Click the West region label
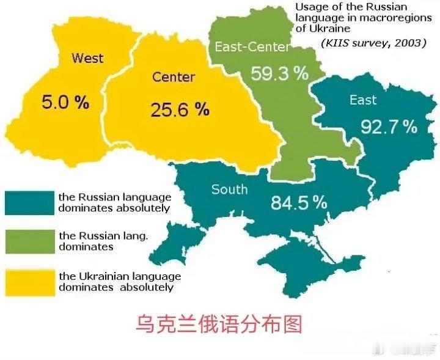pos(87,59)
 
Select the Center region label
pos(174,77)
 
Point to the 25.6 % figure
pos(180,109)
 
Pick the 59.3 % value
pos(280,74)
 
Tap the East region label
pos(363,100)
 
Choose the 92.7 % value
pos(389,127)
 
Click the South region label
pos(229,189)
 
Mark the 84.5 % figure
pos(299,202)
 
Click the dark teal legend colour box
pos(29,202)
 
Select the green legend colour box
pos(29,241)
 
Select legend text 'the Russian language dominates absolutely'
pos(114,202)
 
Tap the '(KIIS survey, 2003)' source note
pos(373,43)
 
